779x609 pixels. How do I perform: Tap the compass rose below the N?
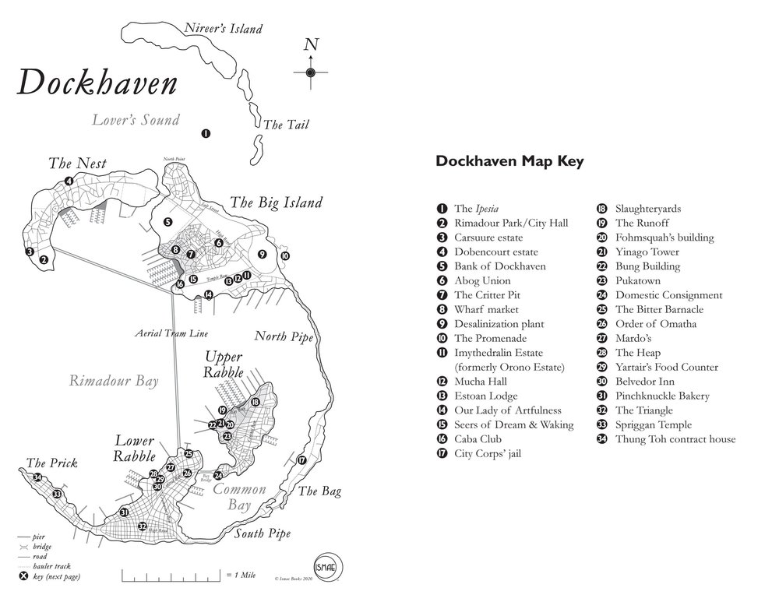311,72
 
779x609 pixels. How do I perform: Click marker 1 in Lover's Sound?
206,134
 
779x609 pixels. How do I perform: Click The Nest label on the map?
77,164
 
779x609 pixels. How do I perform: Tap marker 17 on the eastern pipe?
302,460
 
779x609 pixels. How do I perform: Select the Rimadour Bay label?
114,381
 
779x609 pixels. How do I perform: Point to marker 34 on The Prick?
37,477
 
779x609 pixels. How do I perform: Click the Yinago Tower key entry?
647,252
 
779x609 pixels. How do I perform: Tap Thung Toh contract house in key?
675,439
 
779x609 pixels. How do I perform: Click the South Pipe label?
263,533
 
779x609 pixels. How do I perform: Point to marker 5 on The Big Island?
167,222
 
